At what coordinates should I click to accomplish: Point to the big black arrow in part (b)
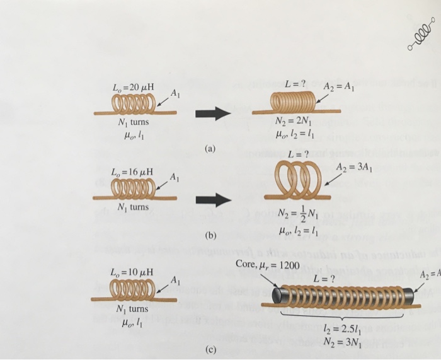tap(210, 200)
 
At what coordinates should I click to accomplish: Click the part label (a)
tap(209, 149)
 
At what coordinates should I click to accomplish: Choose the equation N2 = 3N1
tap(340, 341)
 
